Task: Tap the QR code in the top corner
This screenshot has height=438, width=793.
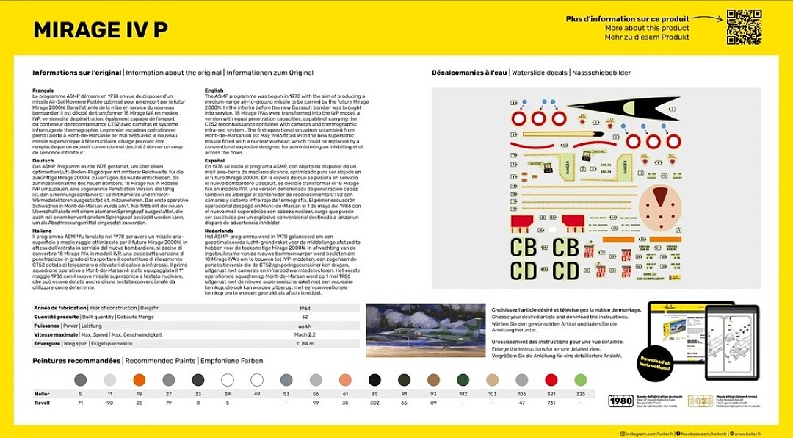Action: (743, 26)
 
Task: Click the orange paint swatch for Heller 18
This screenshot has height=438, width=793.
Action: (139, 379)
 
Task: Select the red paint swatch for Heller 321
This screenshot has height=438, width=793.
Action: (551, 379)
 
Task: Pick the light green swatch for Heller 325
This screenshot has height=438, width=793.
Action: (580, 379)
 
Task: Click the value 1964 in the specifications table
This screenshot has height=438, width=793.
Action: (305, 308)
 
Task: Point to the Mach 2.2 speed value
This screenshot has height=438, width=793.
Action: (305, 334)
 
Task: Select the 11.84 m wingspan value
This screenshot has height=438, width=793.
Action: (305, 343)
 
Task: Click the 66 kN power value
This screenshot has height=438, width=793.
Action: (305, 326)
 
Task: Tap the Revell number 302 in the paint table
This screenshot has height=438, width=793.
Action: (374, 403)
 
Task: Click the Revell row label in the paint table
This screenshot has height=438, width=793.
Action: (42, 403)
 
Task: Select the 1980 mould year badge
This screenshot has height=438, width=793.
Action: (622, 401)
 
